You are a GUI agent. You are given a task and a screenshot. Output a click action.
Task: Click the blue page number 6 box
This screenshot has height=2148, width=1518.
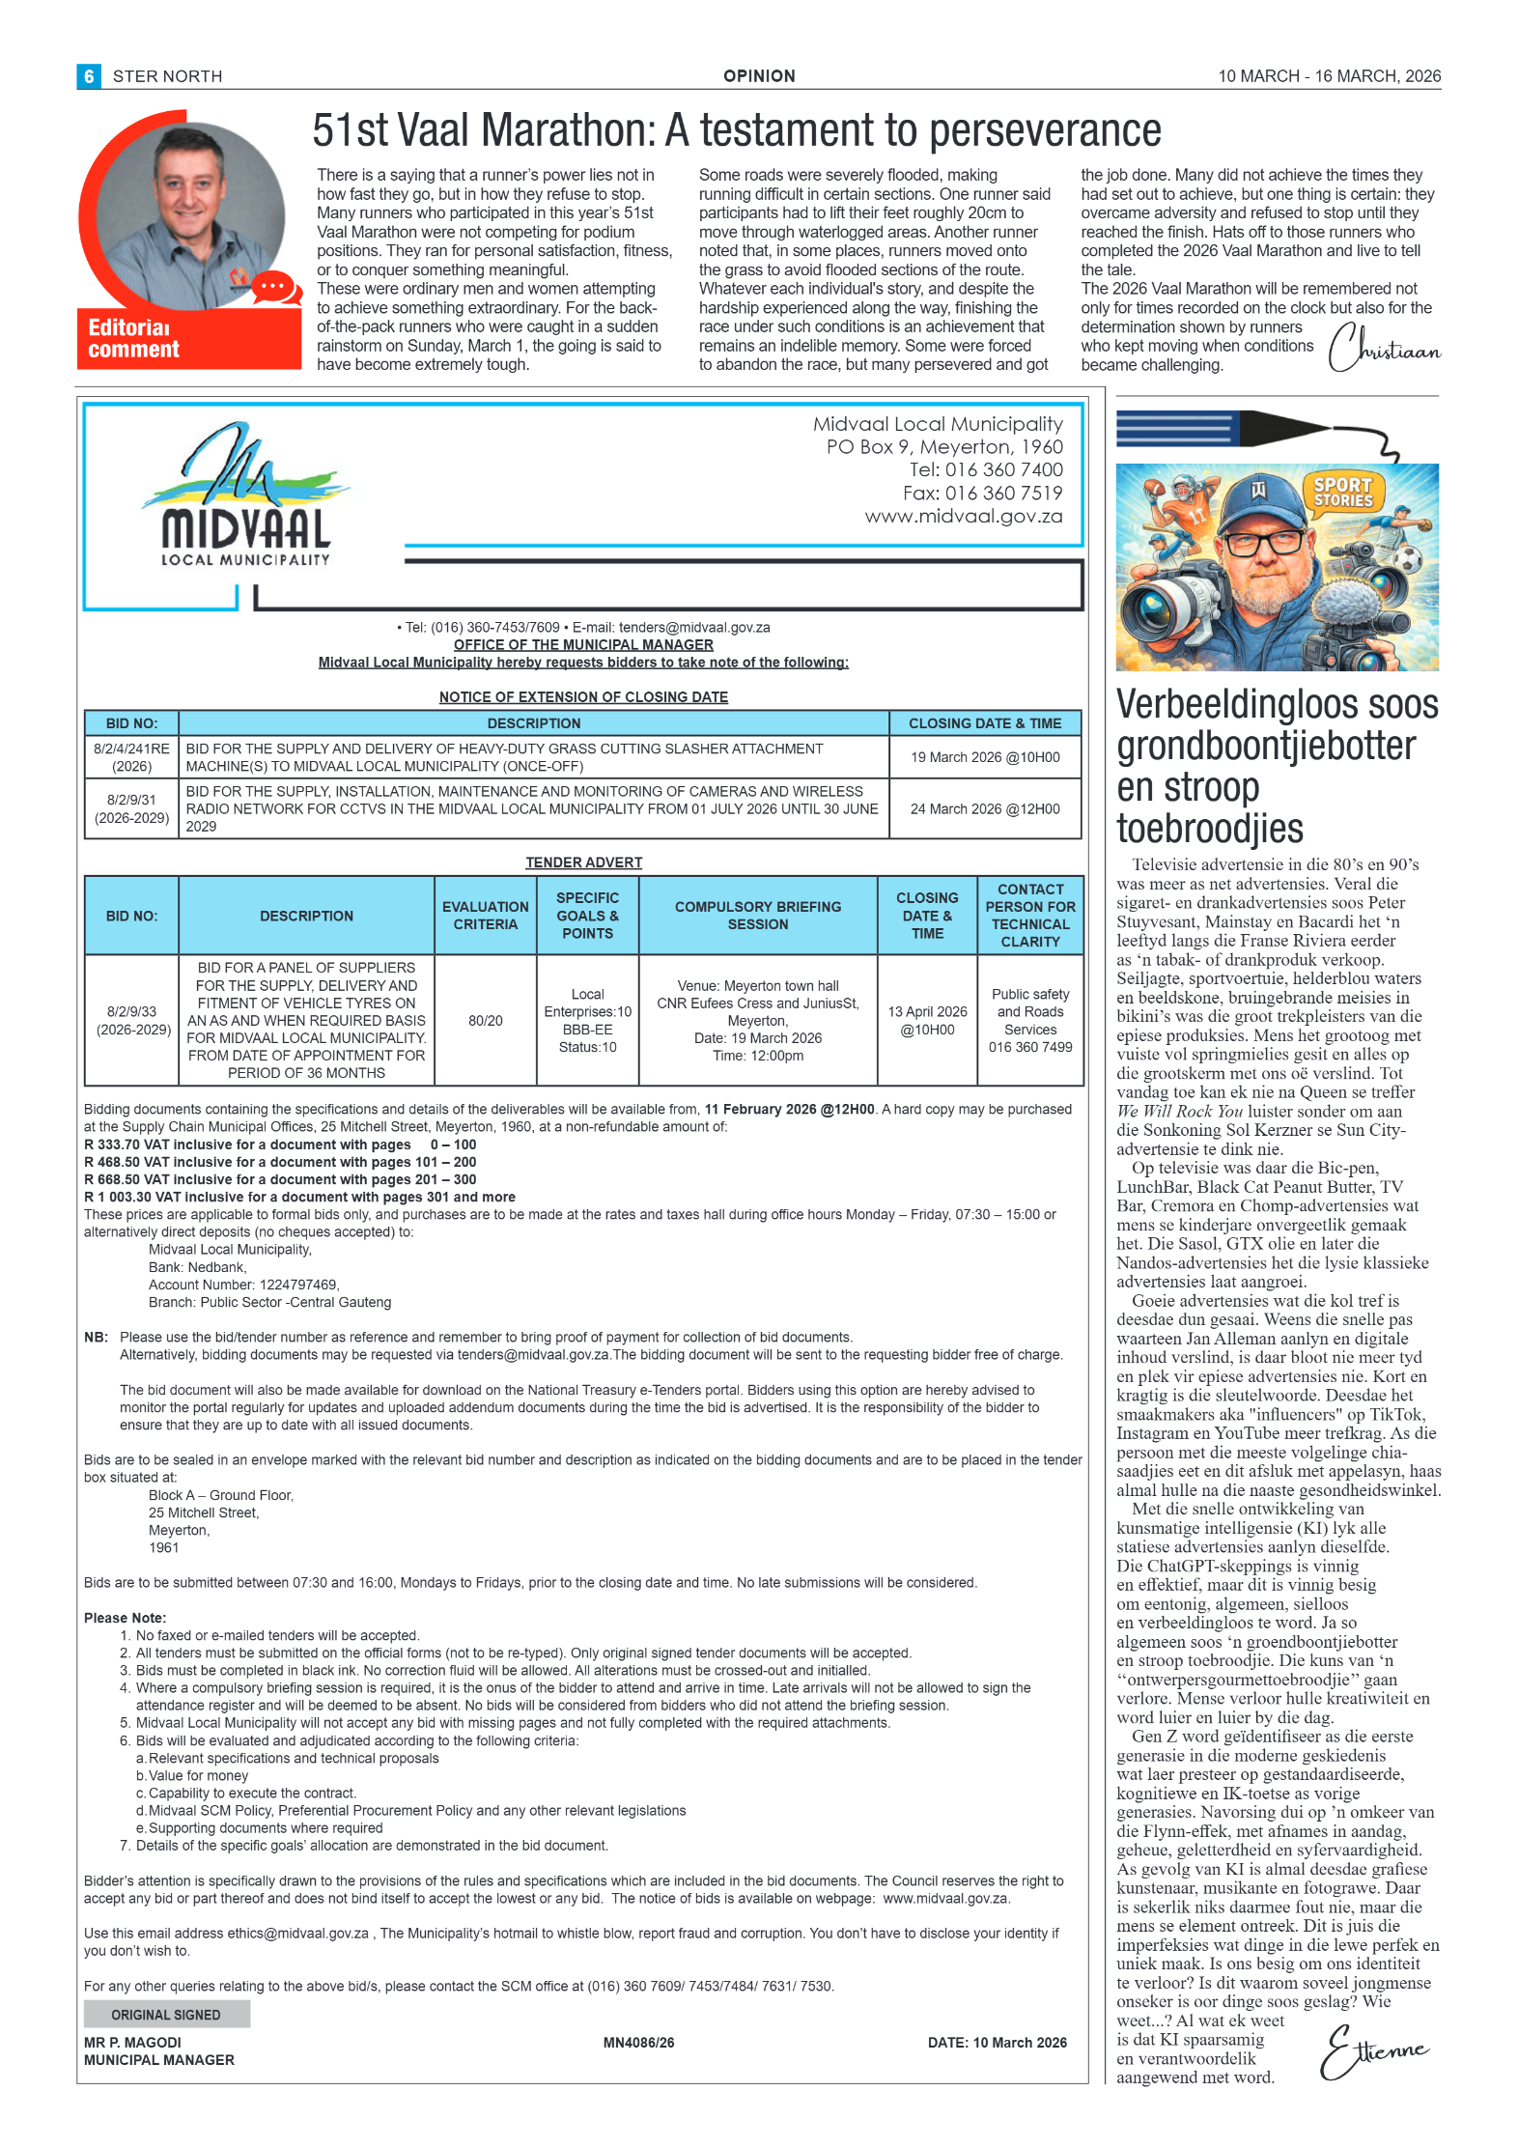pos(89,76)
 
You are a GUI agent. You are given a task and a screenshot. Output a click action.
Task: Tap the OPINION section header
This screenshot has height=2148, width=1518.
pos(759,76)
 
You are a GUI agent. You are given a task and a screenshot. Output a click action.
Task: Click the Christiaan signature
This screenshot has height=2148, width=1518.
pos(1383,349)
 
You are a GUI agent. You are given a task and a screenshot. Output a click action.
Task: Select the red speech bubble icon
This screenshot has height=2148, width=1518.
pos(272,287)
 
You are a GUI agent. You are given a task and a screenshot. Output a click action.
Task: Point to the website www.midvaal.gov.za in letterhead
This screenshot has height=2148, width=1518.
pos(963,516)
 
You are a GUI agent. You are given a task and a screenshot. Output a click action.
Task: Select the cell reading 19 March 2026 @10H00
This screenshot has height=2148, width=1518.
pos(984,757)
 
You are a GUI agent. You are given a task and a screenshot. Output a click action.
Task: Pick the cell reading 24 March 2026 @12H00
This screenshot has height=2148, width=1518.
pos(984,808)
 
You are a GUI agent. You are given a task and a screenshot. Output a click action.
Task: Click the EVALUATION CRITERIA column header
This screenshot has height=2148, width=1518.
pos(485,916)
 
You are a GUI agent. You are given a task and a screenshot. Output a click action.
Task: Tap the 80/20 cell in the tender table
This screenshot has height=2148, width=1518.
pos(485,1020)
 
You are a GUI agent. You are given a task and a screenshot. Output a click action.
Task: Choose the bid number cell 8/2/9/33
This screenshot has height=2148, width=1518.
pos(132,1020)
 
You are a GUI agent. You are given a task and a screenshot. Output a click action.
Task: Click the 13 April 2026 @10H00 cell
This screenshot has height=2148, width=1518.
pos(927,1020)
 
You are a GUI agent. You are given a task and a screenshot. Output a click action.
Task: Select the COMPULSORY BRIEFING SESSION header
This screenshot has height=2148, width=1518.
pos(758,916)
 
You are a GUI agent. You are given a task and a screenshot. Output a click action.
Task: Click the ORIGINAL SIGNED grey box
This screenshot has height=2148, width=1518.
pos(166,2014)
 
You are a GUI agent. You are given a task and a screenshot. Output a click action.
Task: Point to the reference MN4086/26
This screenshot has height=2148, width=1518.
pos(638,2042)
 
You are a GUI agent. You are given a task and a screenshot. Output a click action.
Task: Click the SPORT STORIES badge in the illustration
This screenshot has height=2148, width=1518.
pos(1343,493)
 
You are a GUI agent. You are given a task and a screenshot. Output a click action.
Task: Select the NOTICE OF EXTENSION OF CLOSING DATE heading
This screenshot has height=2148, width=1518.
pos(583,697)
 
